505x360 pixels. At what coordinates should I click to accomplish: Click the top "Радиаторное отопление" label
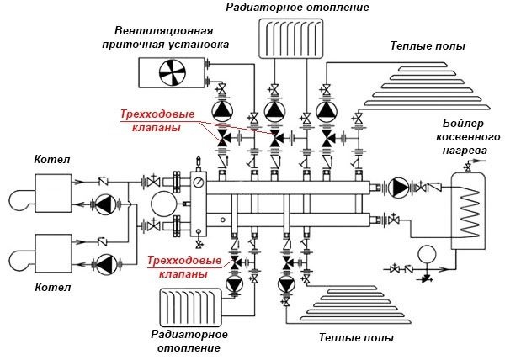click(286, 8)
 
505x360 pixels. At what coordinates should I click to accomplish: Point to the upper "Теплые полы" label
click(428, 45)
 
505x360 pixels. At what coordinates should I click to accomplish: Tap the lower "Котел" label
click(47, 287)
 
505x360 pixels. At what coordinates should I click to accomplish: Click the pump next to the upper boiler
click(105, 204)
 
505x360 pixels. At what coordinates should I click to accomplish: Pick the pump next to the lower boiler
click(105, 264)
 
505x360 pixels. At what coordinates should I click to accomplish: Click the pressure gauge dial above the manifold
click(199, 181)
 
